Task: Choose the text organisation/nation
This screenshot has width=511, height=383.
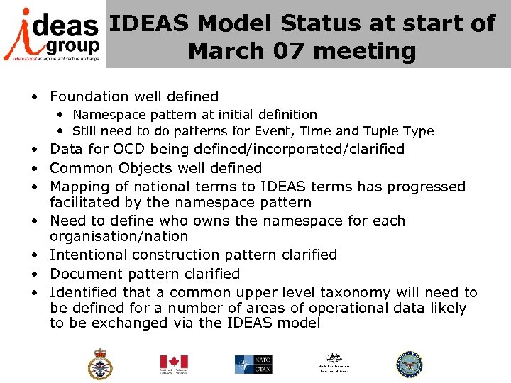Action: click(x=119, y=236)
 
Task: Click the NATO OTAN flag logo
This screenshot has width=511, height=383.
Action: click(x=254, y=364)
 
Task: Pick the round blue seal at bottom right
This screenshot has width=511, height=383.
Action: click(x=409, y=364)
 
